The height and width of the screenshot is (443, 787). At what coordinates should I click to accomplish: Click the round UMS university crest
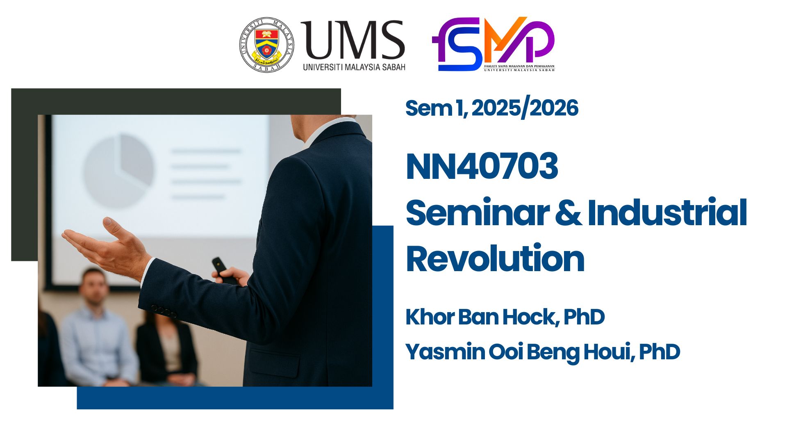tap(266, 45)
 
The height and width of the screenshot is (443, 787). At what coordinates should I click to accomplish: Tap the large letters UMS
tap(353, 40)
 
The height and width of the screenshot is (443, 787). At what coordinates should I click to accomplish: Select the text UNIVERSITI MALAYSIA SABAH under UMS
tap(354, 67)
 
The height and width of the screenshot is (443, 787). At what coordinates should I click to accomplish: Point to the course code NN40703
tap(482, 166)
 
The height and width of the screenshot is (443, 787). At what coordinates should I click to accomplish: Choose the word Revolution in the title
tap(495, 258)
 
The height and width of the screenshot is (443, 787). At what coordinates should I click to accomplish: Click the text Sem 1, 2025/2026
tap(491, 108)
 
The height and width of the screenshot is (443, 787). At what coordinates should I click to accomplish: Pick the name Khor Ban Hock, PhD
tap(505, 317)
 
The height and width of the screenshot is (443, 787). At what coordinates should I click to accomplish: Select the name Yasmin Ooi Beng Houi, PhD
tap(542, 352)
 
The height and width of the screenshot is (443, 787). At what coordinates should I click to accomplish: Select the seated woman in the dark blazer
tap(168, 349)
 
